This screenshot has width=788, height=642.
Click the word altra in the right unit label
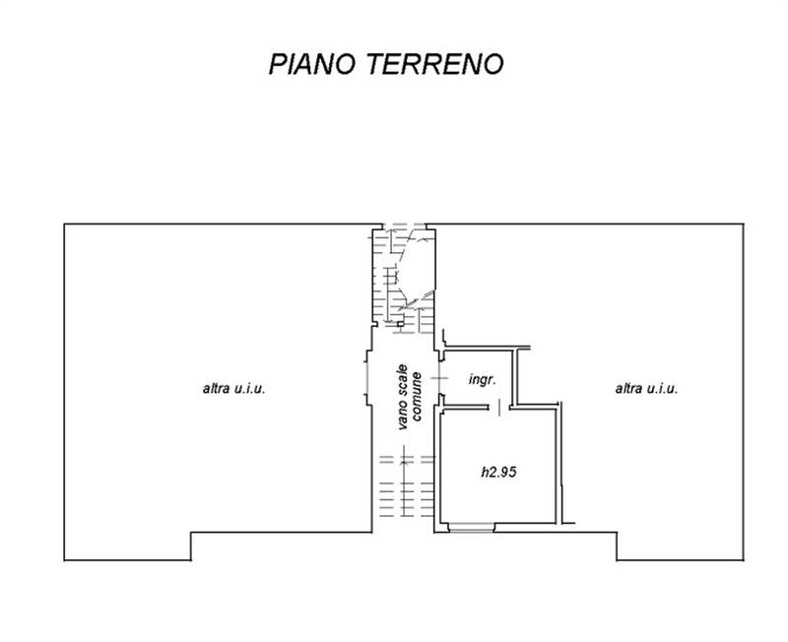click(629, 389)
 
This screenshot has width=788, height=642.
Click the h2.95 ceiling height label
click(498, 472)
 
